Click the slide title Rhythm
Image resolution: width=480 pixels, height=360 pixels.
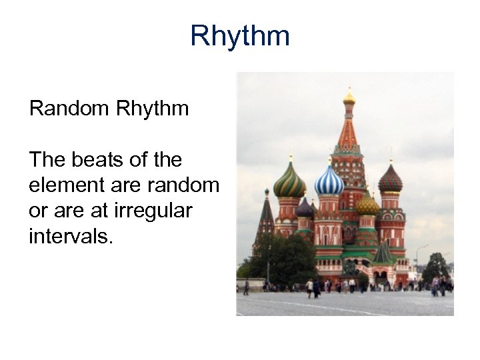240,36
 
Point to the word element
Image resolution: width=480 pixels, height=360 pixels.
68,185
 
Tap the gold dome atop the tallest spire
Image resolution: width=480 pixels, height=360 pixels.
349,99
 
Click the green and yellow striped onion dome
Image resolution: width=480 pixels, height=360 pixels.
289,181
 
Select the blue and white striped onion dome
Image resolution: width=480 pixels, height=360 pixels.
329,180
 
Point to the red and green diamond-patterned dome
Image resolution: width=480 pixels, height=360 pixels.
391,179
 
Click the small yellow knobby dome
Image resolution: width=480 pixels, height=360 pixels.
367,205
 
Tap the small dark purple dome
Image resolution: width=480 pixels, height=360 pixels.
305,209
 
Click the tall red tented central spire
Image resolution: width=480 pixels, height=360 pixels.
348,133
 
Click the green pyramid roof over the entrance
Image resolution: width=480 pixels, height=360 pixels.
383,253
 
